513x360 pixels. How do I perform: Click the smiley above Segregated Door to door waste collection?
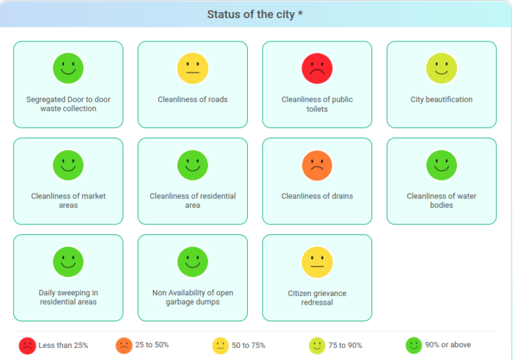click(68, 68)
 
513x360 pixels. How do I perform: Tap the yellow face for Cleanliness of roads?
click(192, 68)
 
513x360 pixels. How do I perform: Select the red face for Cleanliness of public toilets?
click(317, 68)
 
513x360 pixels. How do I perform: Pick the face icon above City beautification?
click(442, 68)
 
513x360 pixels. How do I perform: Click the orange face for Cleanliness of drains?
click(317, 165)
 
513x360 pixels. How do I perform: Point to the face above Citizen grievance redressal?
click(317, 262)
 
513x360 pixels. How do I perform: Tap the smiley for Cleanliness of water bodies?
click(442, 165)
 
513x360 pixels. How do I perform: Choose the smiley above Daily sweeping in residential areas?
click(68, 262)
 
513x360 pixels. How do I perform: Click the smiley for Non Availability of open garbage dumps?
click(192, 262)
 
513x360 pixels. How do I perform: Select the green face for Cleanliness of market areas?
click(68, 165)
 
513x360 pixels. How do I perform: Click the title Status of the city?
click(254, 15)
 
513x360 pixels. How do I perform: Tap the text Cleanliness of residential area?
click(192, 200)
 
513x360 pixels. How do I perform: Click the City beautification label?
click(442, 100)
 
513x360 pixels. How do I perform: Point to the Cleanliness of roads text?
click(192, 100)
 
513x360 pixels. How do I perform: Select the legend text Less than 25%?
click(63, 345)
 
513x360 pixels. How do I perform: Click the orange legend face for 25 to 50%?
click(124, 345)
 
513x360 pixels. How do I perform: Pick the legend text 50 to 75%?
click(248, 345)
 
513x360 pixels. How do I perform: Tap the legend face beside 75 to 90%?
click(317, 345)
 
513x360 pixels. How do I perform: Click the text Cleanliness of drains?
click(317, 196)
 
